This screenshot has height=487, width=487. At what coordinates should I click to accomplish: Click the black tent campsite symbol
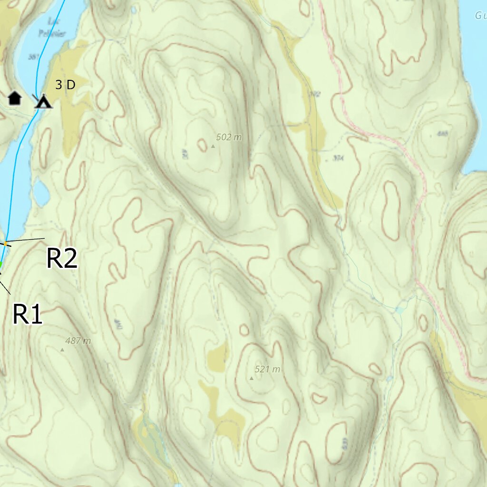click(x=44, y=101)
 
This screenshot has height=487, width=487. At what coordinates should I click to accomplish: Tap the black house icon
click(x=15, y=98)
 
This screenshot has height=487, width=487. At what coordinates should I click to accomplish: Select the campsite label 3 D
click(x=65, y=85)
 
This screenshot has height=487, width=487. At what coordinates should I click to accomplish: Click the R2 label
click(x=62, y=259)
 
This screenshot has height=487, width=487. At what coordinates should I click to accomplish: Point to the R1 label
click(x=27, y=314)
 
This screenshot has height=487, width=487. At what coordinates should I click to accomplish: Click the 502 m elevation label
click(x=229, y=137)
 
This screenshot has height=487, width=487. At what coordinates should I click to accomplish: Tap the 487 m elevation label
click(x=78, y=341)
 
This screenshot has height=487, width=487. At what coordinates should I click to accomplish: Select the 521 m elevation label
click(x=267, y=369)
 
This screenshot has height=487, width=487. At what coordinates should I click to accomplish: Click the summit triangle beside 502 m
click(x=213, y=146)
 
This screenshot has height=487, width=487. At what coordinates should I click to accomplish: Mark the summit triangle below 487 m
click(x=62, y=350)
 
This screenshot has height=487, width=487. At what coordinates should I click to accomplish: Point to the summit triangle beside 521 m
click(x=252, y=379)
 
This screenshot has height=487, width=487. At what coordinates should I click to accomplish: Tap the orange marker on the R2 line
click(x=6, y=244)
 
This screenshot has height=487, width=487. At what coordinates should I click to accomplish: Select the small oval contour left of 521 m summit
click(x=244, y=330)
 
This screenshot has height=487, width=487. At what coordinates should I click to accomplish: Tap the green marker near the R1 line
click(x=1, y=264)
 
